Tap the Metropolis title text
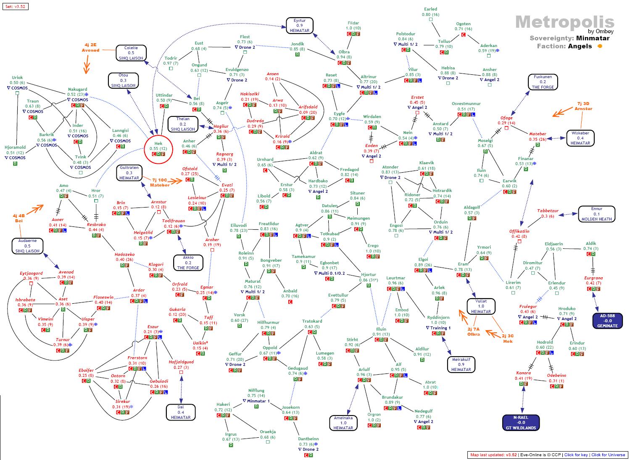tap(564, 22)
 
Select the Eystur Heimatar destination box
tap(299, 26)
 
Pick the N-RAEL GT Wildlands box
tap(521, 422)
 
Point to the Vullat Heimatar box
tap(481, 306)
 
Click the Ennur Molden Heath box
tap(596, 214)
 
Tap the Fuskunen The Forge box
tap(543, 82)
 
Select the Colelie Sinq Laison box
tap(131, 53)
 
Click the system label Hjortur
tap(368, 275)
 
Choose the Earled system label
tap(430, 9)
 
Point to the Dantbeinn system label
tap(308, 439)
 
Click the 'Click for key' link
tap(576, 455)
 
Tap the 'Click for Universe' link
tap(608, 455)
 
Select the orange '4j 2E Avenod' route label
tap(90, 47)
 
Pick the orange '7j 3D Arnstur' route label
tap(583, 106)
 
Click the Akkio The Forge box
tap(188, 263)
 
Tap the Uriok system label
tap(17, 78)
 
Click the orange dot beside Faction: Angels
tap(600, 46)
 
